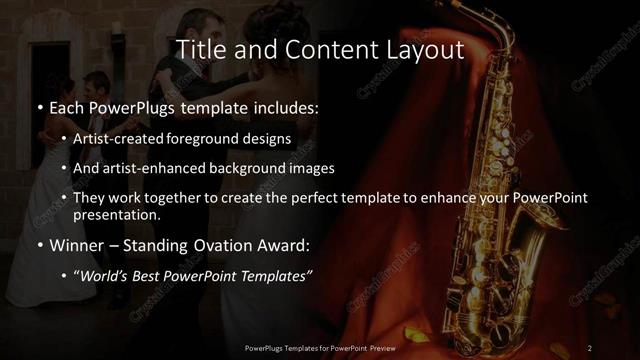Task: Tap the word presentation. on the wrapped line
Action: [x=118, y=214]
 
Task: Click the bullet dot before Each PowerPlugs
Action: [x=38, y=107]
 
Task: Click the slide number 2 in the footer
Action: [x=590, y=347]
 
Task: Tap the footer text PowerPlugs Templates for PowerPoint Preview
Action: [x=319, y=347]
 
